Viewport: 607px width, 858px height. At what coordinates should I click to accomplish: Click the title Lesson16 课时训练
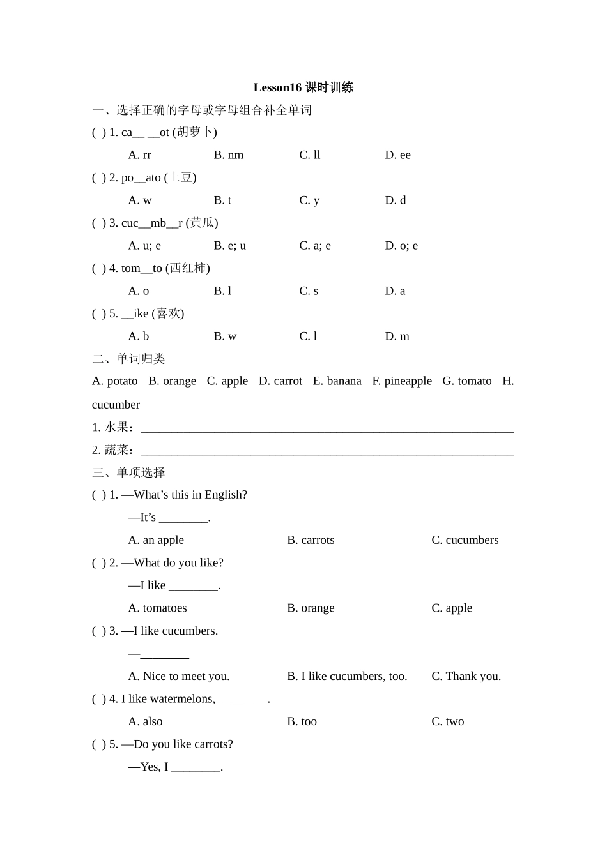(x=303, y=87)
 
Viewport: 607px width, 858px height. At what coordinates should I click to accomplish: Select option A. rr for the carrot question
(x=139, y=155)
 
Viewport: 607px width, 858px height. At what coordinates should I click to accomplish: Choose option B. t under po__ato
(x=222, y=200)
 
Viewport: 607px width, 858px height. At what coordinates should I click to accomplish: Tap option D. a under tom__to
(x=395, y=291)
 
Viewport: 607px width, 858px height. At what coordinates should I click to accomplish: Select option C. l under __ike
(x=308, y=336)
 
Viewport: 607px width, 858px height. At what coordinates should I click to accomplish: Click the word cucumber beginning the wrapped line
(x=116, y=405)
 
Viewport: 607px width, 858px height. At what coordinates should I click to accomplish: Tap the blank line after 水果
(x=327, y=428)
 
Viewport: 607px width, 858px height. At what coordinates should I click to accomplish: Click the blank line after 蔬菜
(x=327, y=451)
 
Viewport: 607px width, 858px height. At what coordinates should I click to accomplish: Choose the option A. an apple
(x=156, y=540)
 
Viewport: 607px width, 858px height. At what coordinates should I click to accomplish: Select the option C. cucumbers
(x=465, y=540)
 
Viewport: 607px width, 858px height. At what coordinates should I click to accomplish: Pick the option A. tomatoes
(x=157, y=608)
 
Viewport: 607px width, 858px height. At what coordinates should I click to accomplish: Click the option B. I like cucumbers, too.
(x=347, y=676)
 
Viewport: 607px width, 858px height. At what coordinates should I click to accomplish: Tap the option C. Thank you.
(x=466, y=676)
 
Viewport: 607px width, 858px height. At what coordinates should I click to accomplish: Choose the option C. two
(x=448, y=721)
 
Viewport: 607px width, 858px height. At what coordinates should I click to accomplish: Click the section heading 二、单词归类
(x=128, y=359)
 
